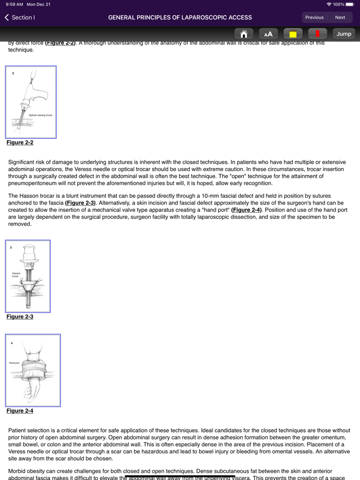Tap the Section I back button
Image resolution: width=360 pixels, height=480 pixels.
tap(20, 17)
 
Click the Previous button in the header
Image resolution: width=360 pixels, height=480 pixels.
tap(314, 17)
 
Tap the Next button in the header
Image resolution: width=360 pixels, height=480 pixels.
tap(340, 17)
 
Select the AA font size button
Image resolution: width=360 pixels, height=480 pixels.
tap(268, 34)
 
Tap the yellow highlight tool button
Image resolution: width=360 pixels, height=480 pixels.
tap(293, 34)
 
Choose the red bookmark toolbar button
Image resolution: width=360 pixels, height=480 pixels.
tap(317, 34)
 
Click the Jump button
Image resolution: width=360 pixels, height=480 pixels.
tap(344, 34)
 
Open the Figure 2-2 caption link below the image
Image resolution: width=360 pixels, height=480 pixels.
tap(20, 142)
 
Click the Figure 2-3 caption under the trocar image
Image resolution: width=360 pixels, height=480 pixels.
tap(20, 317)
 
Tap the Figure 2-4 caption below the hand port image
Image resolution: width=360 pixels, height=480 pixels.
tap(20, 411)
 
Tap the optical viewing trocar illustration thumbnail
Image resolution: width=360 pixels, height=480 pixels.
tap(31, 102)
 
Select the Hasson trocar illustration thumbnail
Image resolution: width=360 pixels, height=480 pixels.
tap(28, 276)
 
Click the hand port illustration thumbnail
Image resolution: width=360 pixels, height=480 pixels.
tap(33, 370)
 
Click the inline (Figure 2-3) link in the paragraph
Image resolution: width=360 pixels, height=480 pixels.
tap(80, 203)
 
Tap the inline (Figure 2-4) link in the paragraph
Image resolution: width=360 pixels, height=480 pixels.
tap(247, 210)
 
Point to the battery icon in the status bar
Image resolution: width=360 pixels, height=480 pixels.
tap(350, 4)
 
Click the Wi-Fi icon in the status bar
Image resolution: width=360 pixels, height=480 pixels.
tap(329, 4)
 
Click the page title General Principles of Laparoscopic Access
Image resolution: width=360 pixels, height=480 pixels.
tap(180, 17)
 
